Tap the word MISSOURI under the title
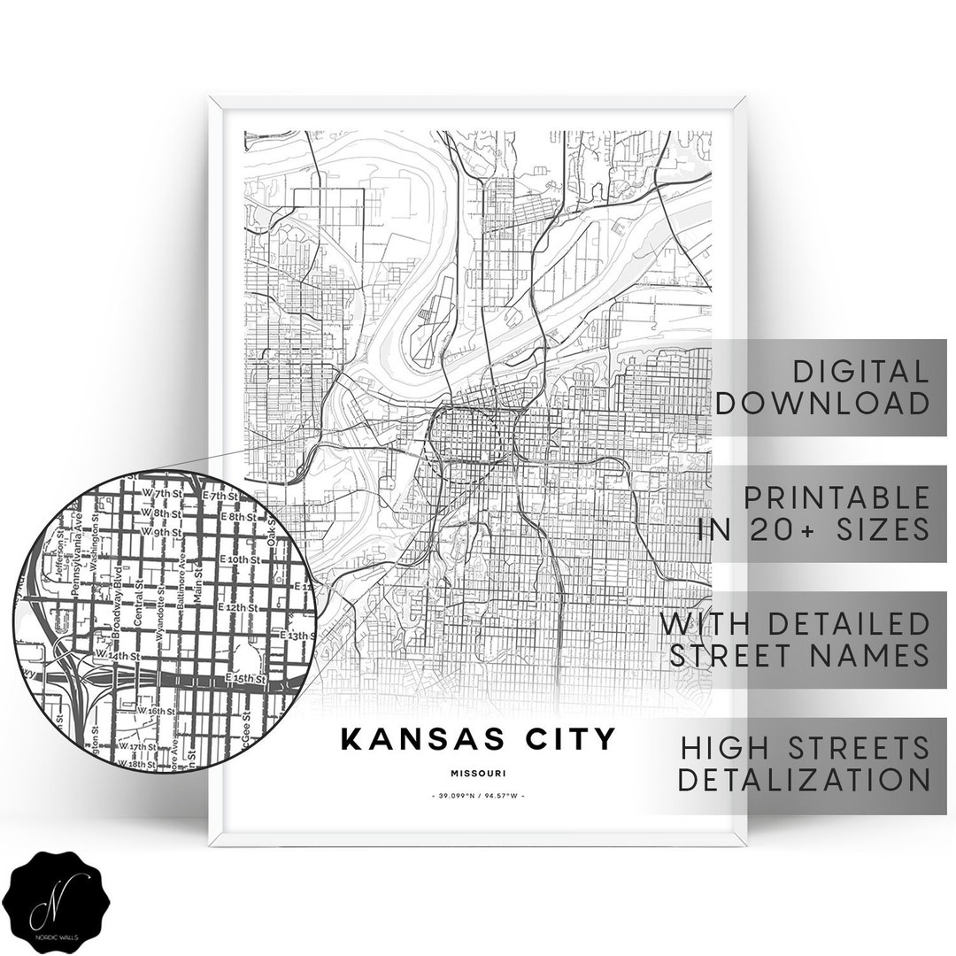pos(477,773)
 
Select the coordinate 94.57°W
pos(502,797)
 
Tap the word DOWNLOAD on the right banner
pos(823,404)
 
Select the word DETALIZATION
pos(806,780)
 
